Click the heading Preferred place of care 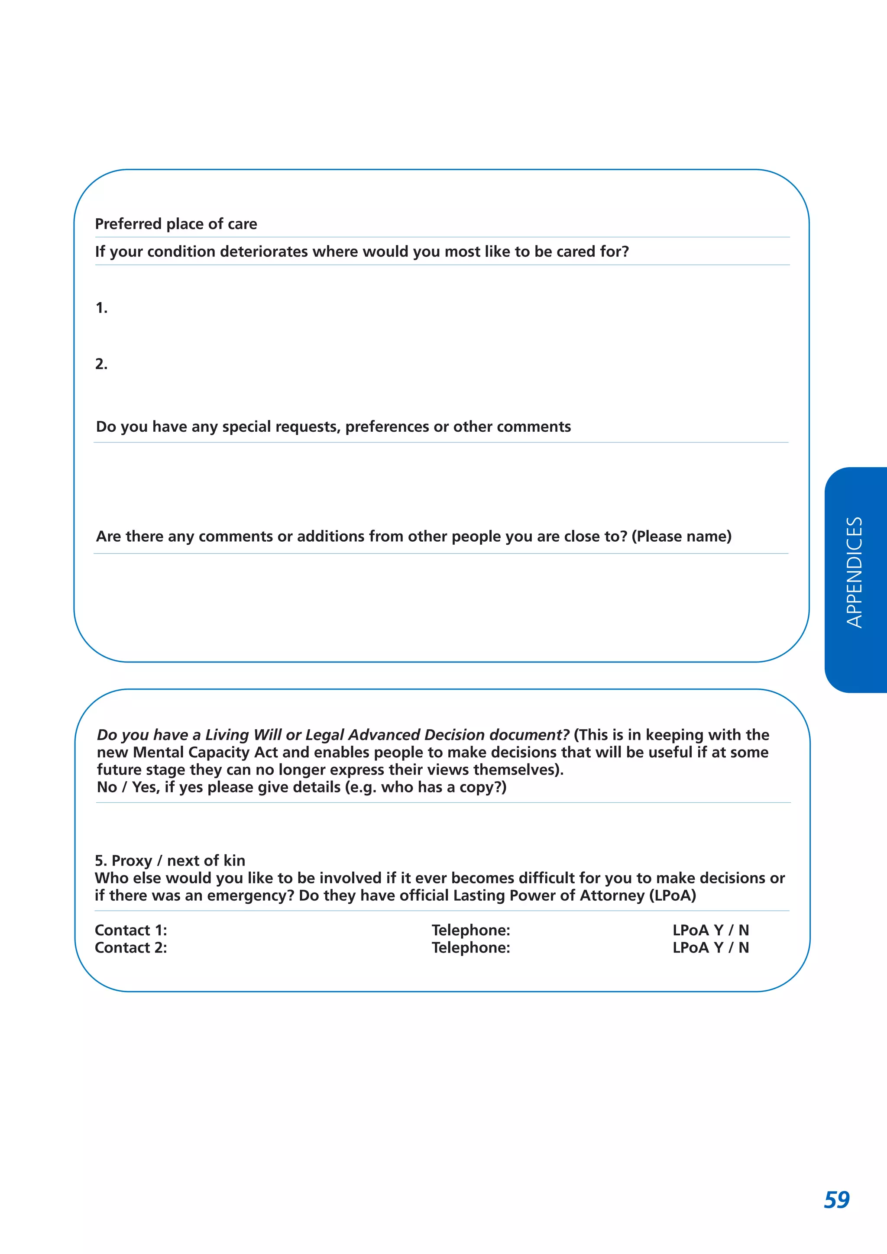(x=175, y=224)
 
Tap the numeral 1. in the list (x=101, y=308)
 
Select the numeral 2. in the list (x=101, y=364)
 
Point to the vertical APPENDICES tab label (x=854, y=572)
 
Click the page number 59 (x=836, y=1200)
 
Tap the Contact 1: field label (x=130, y=930)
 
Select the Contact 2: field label (x=130, y=947)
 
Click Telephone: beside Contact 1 (x=470, y=930)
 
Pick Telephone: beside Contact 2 (x=470, y=947)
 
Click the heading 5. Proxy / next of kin (x=170, y=861)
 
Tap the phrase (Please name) (x=681, y=537)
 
